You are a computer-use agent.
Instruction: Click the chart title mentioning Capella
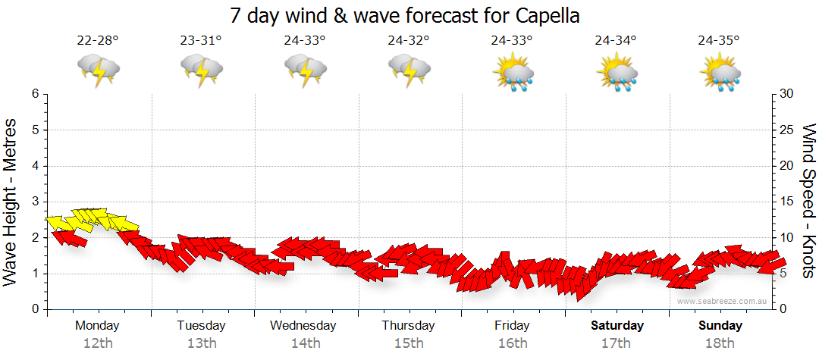tap(409, 15)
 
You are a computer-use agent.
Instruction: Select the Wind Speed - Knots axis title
tap(808, 201)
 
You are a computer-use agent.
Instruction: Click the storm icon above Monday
tap(99, 70)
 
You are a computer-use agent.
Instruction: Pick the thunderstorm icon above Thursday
tap(409, 70)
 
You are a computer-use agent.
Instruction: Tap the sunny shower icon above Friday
tap(513, 73)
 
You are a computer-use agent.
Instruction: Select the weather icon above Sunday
tap(720, 73)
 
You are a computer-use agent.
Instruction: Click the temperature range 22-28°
tap(98, 41)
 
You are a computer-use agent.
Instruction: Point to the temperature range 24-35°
tap(719, 41)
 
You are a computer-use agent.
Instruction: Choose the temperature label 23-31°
tap(201, 41)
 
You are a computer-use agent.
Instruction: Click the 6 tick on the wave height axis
tap(35, 94)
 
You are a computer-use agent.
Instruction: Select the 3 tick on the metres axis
tap(35, 202)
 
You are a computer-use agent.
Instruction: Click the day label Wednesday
tap(303, 326)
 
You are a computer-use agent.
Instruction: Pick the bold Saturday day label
tap(617, 326)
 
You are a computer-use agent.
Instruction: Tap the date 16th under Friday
tap(513, 343)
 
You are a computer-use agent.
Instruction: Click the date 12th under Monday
tap(98, 343)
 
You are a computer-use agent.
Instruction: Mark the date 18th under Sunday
tap(720, 343)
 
